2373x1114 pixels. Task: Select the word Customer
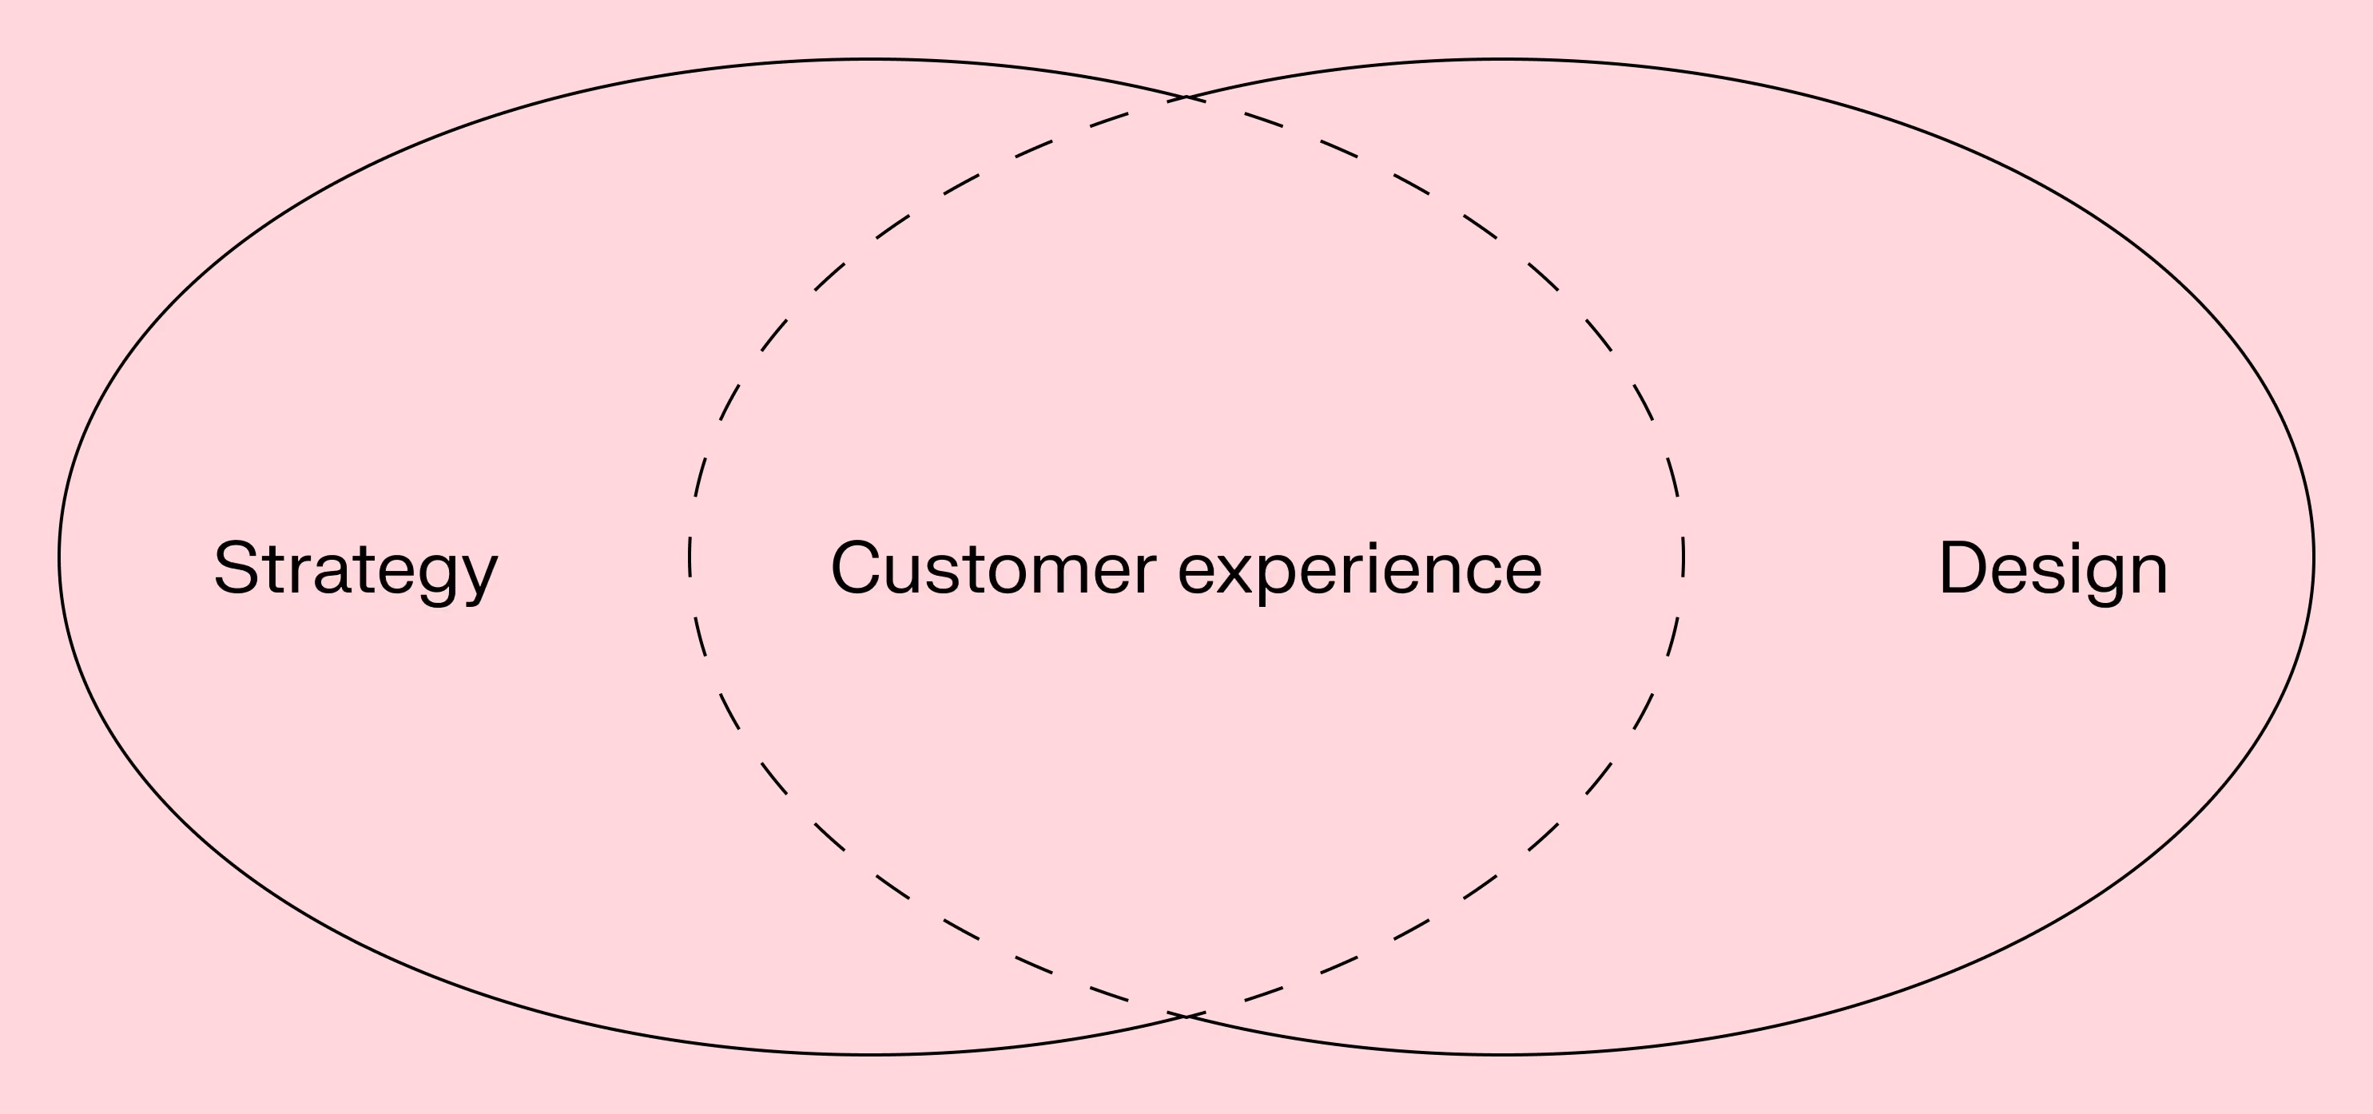(x=993, y=568)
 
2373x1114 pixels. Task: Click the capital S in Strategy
(x=236, y=567)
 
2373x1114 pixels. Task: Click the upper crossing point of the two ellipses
(x=1186, y=97)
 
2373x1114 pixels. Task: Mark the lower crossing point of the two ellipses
(x=1186, y=1017)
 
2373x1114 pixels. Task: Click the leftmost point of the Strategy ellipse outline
(x=59, y=557)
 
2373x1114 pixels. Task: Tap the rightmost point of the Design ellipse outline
(x=2314, y=557)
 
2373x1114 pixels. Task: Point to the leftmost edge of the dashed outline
(x=689, y=557)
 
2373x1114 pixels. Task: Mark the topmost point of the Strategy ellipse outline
(x=872, y=59)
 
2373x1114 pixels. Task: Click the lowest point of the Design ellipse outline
(x=1501, y=1054)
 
